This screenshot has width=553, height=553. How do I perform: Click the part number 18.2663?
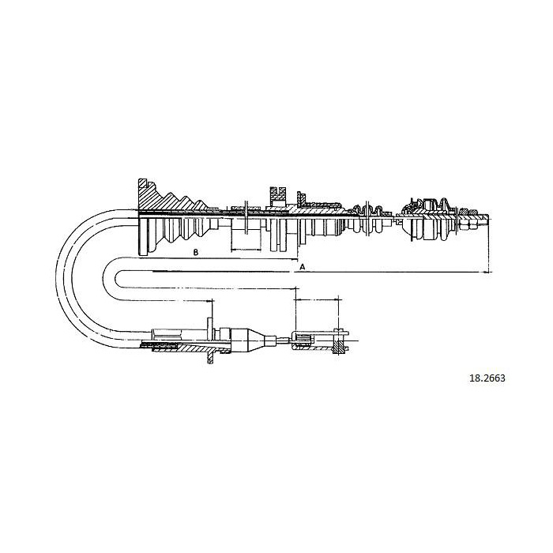coord(487,378)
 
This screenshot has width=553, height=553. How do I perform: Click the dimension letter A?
coord(302,267)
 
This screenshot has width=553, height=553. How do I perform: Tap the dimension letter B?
coord(196,252)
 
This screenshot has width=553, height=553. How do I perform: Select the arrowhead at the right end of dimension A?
coord(487,272)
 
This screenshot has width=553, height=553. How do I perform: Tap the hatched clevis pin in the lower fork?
coord(338,341)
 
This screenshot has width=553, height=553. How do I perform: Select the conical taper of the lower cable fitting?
coord(257,340)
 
